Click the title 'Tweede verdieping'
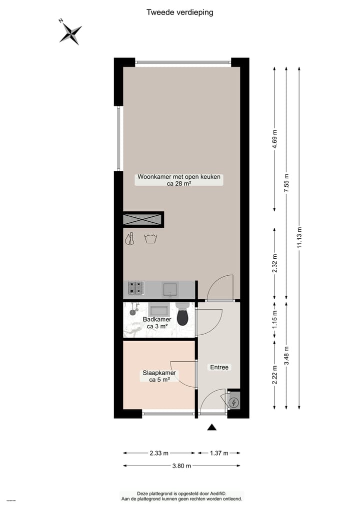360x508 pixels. tap(179, 12)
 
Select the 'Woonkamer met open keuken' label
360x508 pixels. tap(179, 177)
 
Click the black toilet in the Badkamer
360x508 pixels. tap(182, 314)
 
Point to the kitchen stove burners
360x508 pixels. tap(135, 287)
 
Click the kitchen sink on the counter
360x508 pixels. tap(170, 288)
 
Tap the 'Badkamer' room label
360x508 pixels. tap(157, 319)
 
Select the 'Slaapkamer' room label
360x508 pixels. tap(159, 373)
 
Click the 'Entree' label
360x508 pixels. tap(219, 367)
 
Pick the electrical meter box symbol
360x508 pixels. tap(233, 402)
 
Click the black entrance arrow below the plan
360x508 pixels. tap(212, 427)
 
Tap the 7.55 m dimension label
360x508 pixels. tap(286, 183)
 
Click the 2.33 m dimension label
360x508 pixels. tap(159, 453)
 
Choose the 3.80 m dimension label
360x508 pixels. tap(181, 466)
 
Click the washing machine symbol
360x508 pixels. tap(149, 239)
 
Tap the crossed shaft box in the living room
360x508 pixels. tap(143, 219)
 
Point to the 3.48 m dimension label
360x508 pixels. tap(286, 356)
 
